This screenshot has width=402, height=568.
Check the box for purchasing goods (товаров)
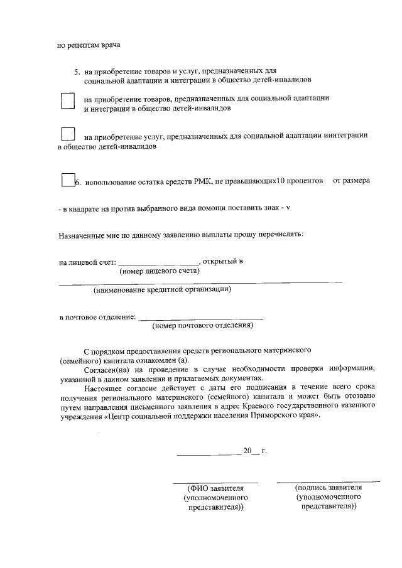[68, 102]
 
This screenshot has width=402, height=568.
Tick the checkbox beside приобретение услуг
[68, 134]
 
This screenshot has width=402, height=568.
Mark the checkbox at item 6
[68, 181]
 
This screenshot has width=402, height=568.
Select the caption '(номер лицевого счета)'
[160, 272]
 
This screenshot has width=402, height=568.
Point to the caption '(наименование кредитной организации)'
[162, 290]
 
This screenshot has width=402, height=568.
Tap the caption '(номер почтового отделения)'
[202, 326]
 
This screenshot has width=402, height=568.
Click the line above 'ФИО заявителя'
[215, 483]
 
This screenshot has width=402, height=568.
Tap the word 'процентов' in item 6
[305, 182]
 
